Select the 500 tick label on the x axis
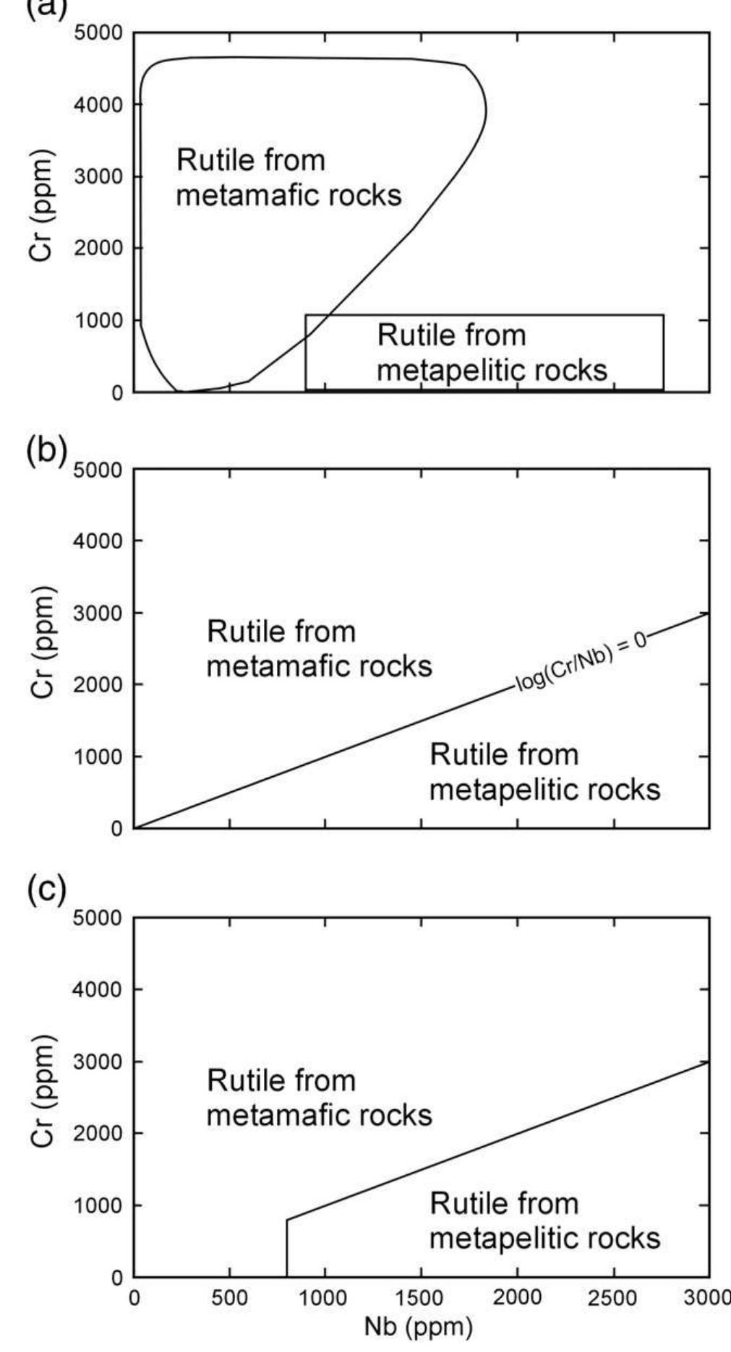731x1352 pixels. coord(229,1298)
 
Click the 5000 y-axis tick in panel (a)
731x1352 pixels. coord(98,33)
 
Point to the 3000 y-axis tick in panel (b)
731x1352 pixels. coord(98,613)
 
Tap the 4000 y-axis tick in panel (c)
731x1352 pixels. coord(98,989)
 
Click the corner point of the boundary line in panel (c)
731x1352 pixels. coord(287,1219)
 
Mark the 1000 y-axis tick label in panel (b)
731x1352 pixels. coord(98,757)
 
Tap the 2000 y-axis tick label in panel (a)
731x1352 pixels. coord(98,248)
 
